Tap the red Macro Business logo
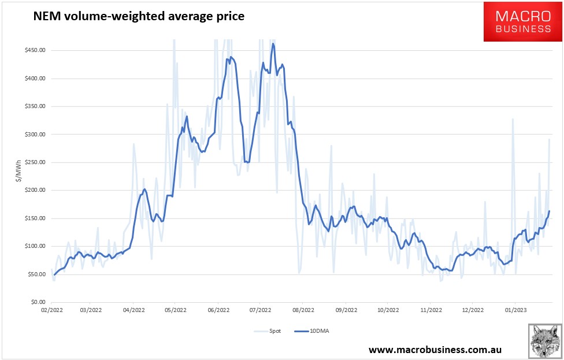522,21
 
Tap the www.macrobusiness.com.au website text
435,350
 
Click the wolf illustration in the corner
544,341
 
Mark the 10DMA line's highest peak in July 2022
273,44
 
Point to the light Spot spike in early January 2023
512,120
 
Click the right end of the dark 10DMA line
549,211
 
